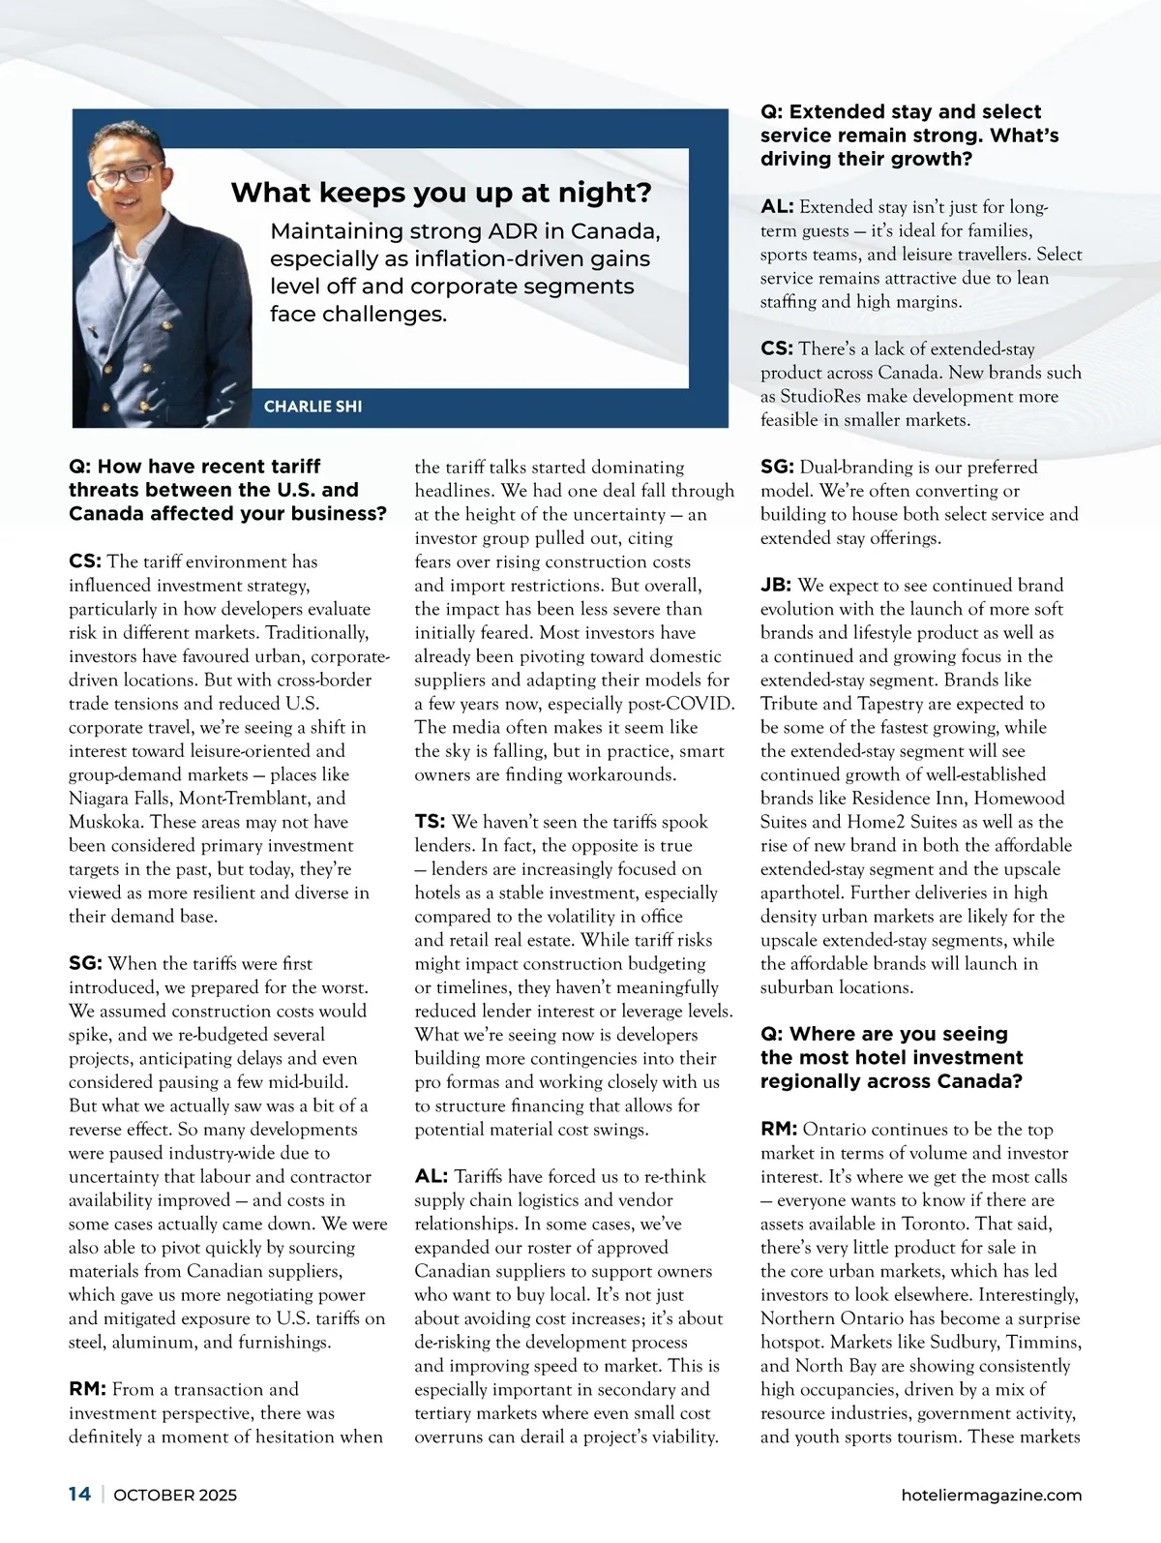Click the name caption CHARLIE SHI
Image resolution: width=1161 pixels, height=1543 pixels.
coord(313,407)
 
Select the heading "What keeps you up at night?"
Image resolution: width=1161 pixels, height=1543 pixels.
coord(441,193)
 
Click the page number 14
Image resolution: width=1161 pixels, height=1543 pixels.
coord(79,1495)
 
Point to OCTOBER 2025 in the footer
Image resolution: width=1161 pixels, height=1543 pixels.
coord(175,1496)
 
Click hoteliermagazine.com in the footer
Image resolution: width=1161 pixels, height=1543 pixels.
coord(991,1496)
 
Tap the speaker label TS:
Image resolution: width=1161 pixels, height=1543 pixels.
coord(430,822)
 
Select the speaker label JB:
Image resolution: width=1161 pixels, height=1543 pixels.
coord(776,586)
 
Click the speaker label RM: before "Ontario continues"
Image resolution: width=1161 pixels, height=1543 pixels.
coord(779,1130)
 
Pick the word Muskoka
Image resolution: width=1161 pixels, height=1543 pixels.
coord(104,822)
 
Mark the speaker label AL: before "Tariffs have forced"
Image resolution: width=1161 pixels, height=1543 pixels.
coord(432,1177)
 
